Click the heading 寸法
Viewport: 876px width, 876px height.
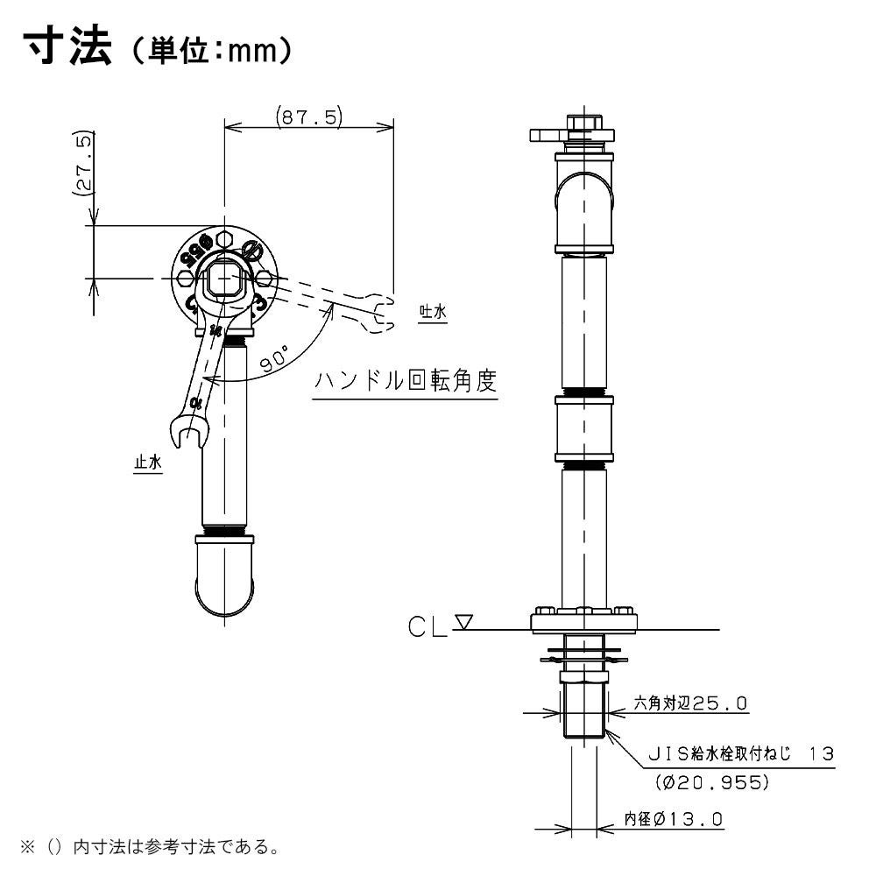click(68, 47)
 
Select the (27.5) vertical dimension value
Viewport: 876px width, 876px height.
click(82, 164)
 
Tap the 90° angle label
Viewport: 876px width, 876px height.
click(275, 358)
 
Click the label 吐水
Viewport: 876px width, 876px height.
click(433, 312)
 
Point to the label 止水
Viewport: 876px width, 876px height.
click(148, 462)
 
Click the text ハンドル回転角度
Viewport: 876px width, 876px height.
click(406, 380)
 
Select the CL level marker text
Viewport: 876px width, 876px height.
click(428, 627)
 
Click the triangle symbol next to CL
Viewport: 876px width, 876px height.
click(464, 622)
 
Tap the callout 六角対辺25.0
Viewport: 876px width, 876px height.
click(690, 703)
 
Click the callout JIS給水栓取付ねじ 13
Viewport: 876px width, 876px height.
click(741, 754)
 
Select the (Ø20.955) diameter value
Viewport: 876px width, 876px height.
click(712, 782)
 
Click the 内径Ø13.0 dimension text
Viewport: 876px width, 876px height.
click(673, 819)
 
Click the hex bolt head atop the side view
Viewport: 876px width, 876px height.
click(583, 122)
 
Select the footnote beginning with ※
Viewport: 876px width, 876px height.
click(151, 847)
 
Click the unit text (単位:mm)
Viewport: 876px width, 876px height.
click(211, 51)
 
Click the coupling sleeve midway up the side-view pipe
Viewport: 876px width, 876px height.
click(583, 428)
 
